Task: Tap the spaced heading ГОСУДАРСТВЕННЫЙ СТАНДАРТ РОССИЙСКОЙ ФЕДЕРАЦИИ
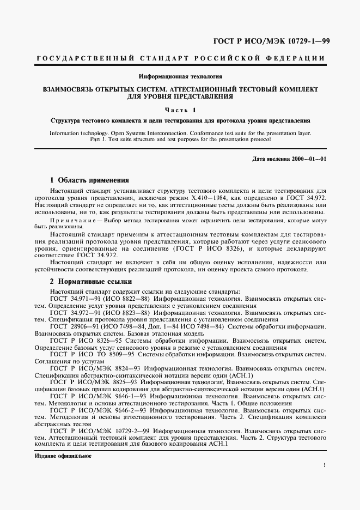pyautogui.click(x=180, y=58)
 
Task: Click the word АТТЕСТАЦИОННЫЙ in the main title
pyautogui.click(x=216, y=88)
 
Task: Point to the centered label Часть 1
pyautogui.click(x=180, y=110)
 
